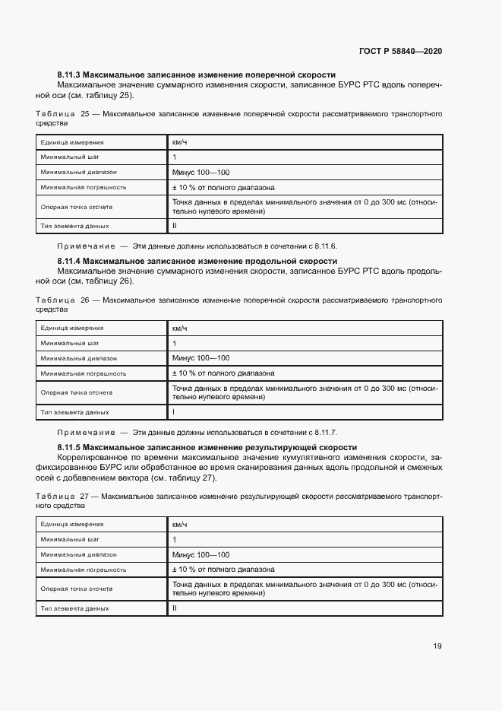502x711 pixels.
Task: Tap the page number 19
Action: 437,646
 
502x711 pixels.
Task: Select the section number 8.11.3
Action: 68,75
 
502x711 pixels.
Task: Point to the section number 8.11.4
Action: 68,261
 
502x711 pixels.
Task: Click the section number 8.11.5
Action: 68,447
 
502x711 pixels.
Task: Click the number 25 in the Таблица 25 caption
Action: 84,113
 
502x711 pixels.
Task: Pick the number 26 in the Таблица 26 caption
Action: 84,300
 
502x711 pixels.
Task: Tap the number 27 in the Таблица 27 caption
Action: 84,496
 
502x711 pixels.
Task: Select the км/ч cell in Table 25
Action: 179,142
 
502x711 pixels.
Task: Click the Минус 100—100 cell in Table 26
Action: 200,358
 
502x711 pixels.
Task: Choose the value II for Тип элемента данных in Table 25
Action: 175,226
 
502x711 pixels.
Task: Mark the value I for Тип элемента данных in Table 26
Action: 174,412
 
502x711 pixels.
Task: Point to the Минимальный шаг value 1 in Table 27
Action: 174,539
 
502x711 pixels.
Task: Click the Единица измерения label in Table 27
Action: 72,525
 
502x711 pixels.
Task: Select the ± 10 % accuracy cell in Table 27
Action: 223,570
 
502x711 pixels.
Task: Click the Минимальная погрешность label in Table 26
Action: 84,373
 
